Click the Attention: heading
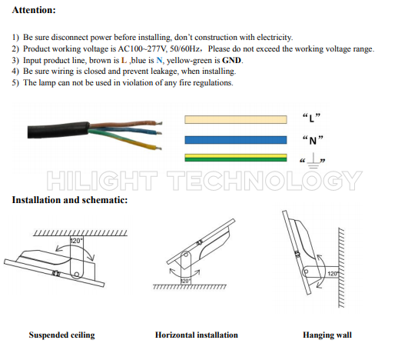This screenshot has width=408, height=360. (x=34, y=10)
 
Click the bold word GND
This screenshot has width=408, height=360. (x=231, y=61)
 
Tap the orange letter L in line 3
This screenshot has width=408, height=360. (x=124, y=61)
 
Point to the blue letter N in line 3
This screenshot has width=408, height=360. (x=159, y=61)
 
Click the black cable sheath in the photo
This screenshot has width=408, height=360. (x=58, y=129)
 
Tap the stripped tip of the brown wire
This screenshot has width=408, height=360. (x=158, y=122)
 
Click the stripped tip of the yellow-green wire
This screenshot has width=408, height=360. (x=158, y=148)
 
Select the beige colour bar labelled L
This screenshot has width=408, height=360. (x=236, y=119)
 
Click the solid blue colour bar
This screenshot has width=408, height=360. (x=236, y=140)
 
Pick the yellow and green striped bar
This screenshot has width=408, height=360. (x=236, y=158)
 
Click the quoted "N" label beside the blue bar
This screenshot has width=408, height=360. (x=313, y=140)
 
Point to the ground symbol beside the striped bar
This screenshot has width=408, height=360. (x=313, y=161)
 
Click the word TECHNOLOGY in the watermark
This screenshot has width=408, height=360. (x=264, y=181)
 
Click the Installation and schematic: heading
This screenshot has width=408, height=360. (x=70, y=200)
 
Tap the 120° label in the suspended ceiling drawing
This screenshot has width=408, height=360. (x=76, y=241)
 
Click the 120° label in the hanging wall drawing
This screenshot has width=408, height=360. (x=333, y=274)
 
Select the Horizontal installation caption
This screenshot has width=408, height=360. (x=197, y=335)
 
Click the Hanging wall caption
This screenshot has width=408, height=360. (x=327, y=335)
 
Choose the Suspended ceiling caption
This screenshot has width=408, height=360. (x=62, y=335)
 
